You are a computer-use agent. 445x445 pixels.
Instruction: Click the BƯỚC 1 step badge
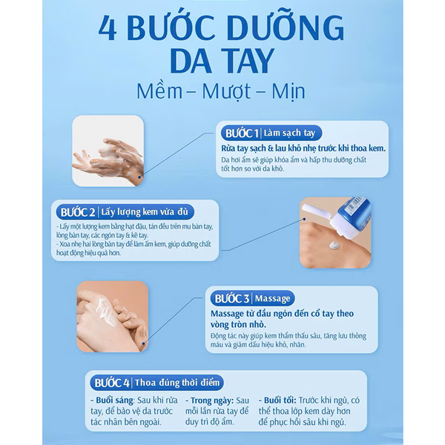coord(240,133)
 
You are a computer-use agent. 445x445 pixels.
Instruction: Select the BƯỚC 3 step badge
coord(231,298)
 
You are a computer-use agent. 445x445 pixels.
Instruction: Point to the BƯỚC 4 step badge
coord(111,383)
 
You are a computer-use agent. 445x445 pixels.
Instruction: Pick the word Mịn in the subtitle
coord(286,92)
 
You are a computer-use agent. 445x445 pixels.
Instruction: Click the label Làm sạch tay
coord(289,133)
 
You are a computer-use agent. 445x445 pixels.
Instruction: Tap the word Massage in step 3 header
coord(274,298)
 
